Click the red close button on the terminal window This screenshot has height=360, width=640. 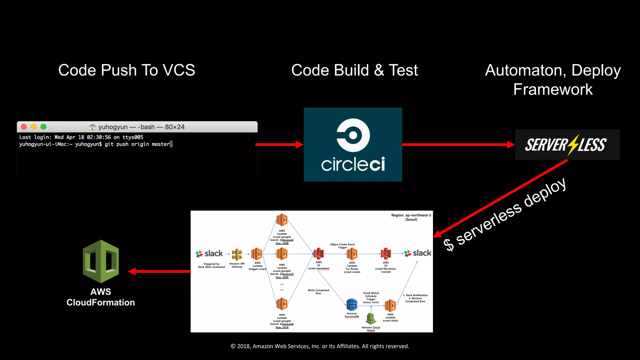pos(24,127)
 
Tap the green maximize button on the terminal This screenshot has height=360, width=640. pos(43,127)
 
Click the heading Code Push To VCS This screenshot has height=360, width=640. pos(127,70)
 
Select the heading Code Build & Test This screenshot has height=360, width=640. pos(354,70)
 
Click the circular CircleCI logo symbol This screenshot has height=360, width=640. pos(353,135)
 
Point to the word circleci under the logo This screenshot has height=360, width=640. pos(353,164)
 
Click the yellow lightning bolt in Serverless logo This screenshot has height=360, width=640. pos(573,144)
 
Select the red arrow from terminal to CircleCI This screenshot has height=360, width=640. pos(279,144)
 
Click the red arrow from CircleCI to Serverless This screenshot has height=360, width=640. pos(458,144)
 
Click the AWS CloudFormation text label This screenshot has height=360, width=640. pos(101,297)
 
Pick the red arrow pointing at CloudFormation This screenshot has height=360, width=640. pos(159,271)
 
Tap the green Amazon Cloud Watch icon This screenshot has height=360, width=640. pos(371,318)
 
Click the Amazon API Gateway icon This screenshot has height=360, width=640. pos(237,254)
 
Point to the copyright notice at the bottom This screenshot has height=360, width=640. pos(320,346)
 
